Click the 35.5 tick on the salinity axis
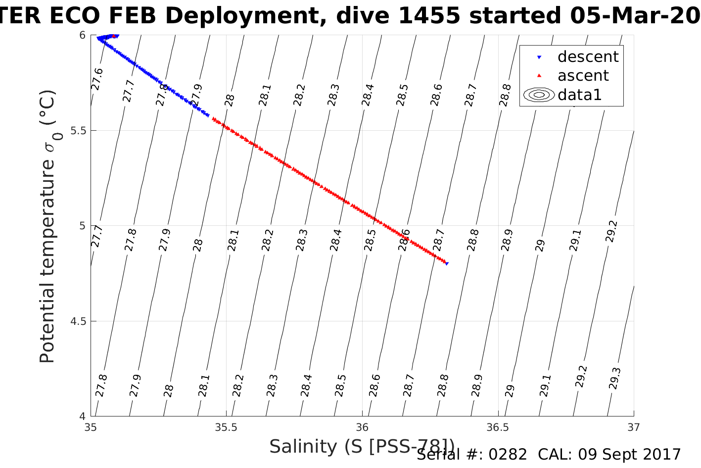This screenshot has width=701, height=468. coord(226,427)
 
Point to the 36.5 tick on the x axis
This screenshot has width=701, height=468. coord(498,427)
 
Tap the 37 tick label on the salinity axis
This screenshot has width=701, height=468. coord(633,427)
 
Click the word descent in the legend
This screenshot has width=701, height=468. coord(588,57)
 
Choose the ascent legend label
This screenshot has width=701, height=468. coord(583,76)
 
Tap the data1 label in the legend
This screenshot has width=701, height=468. coord(579,95)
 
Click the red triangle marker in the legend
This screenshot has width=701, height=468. coord(539,76)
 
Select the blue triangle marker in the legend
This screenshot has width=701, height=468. coord(539,57)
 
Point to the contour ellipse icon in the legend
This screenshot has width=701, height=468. coord(539,95)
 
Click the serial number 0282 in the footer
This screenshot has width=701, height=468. coord(508,455)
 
